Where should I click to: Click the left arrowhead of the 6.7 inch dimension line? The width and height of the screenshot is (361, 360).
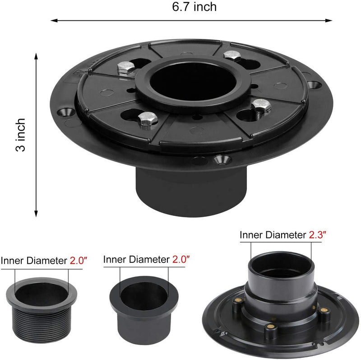click(x=52, y=20)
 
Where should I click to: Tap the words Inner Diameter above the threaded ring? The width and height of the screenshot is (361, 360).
click(x=34, y=261)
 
